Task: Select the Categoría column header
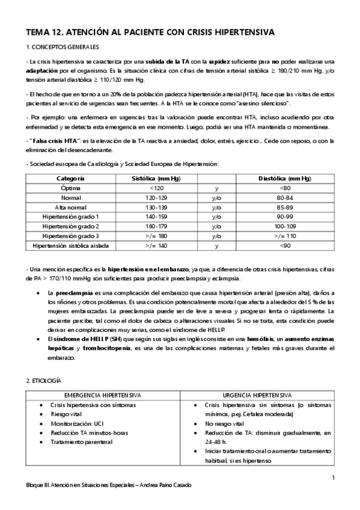click(x=70, y=179)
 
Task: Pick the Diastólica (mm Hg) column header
click(x=285, y=179)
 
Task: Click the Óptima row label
click(x=70, y=188)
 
